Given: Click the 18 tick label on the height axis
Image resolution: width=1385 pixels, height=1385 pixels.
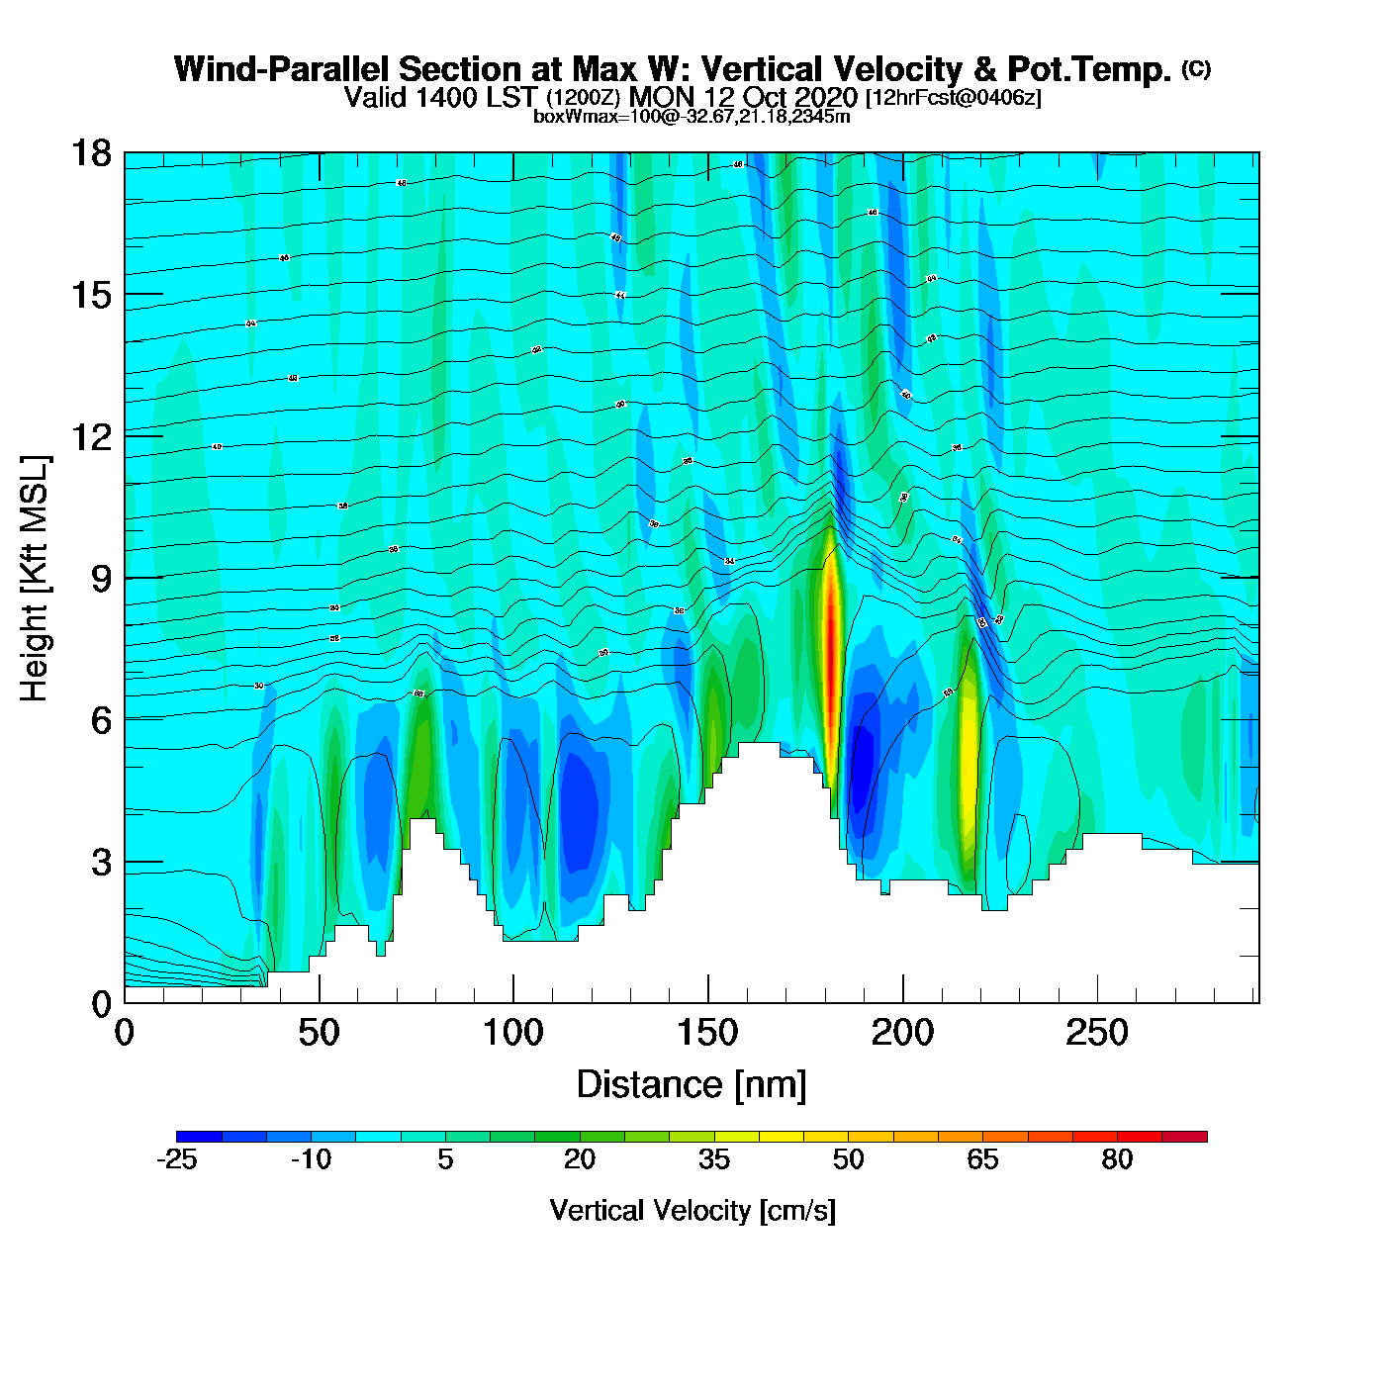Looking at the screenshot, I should (x=90, y=153).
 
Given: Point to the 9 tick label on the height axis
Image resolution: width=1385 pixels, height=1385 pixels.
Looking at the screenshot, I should (x=101, y=579).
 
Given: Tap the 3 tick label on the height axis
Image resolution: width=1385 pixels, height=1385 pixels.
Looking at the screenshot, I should (x=101, y=863).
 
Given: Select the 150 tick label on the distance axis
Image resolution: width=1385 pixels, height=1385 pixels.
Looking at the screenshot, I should (x=707, y=1034).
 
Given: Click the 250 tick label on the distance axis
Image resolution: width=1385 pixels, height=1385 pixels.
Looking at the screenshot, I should (x=1097, y=1034).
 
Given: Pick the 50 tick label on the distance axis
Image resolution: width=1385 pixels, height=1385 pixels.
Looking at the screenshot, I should (x=319, y=1034).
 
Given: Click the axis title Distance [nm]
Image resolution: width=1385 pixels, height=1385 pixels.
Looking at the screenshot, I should (x=692, y=1085).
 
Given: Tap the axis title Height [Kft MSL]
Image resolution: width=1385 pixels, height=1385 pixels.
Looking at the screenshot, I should (x=35, y=579).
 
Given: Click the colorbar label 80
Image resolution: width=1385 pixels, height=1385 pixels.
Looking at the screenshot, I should (x=1117, y=1159).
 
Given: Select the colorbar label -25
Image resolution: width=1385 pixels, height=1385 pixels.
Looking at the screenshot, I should (x=177, y=1159).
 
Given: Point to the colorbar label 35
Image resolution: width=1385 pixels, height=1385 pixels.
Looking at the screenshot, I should (x=714, y=1159).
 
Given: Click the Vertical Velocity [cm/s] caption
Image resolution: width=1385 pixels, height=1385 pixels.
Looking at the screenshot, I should (x=692, y=1210).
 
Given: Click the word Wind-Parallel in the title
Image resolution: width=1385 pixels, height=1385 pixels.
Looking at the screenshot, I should (x=281, y=69).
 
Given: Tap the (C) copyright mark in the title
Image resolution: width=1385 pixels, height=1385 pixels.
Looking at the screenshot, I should (x=1196, y=68).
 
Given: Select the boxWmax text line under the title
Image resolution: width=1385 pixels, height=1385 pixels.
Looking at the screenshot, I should (x=692, y=116).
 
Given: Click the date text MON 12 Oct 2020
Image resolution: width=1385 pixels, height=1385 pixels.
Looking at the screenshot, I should (x=743, y=97).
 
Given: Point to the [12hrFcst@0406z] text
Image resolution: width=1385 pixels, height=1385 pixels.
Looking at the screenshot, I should (x=954, y=98).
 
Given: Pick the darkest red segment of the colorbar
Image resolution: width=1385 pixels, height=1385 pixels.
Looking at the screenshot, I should (x=1184, y=1137).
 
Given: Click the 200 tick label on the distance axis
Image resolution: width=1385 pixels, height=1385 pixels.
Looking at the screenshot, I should (x=902, y=1034).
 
